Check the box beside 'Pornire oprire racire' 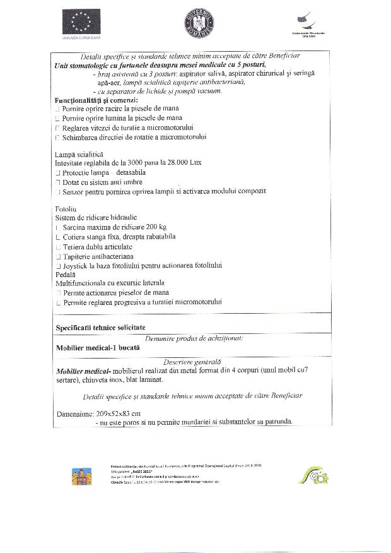(57, 109)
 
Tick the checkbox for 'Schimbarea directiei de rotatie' (57, 137)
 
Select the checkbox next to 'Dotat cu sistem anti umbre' (57, 182)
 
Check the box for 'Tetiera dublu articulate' (57, 247)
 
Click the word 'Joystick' (78, 266)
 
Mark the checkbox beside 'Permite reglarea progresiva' (57, 303)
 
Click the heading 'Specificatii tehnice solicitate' (100, 327)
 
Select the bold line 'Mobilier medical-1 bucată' (98, 348)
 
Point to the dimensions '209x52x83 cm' (119, 413)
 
